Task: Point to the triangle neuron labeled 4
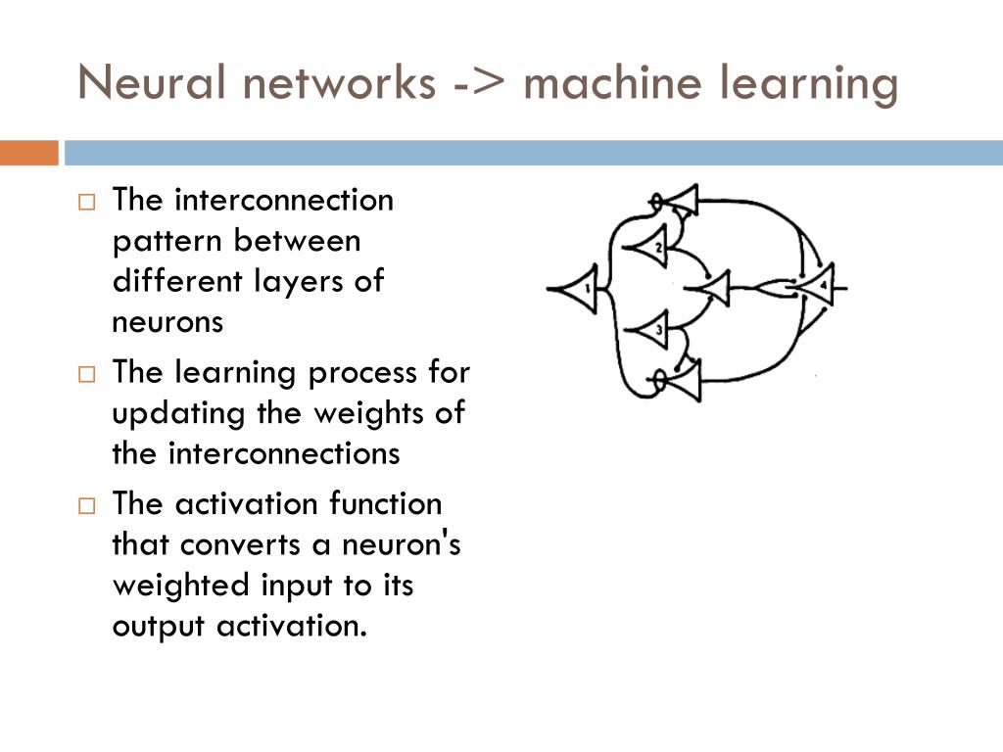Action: [818, 287]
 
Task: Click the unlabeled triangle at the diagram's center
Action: [713, 288]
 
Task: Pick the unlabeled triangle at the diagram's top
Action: [682, 202]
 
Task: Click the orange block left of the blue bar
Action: [28, 153]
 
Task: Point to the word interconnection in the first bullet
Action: [284, 201]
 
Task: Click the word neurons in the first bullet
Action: [168, 322]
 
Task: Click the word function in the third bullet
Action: [385, 504]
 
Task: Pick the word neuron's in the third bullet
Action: [402, 544]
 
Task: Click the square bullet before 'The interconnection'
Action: [86, 203]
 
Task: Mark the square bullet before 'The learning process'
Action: [86, 374]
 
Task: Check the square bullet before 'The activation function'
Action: [86, 506]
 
